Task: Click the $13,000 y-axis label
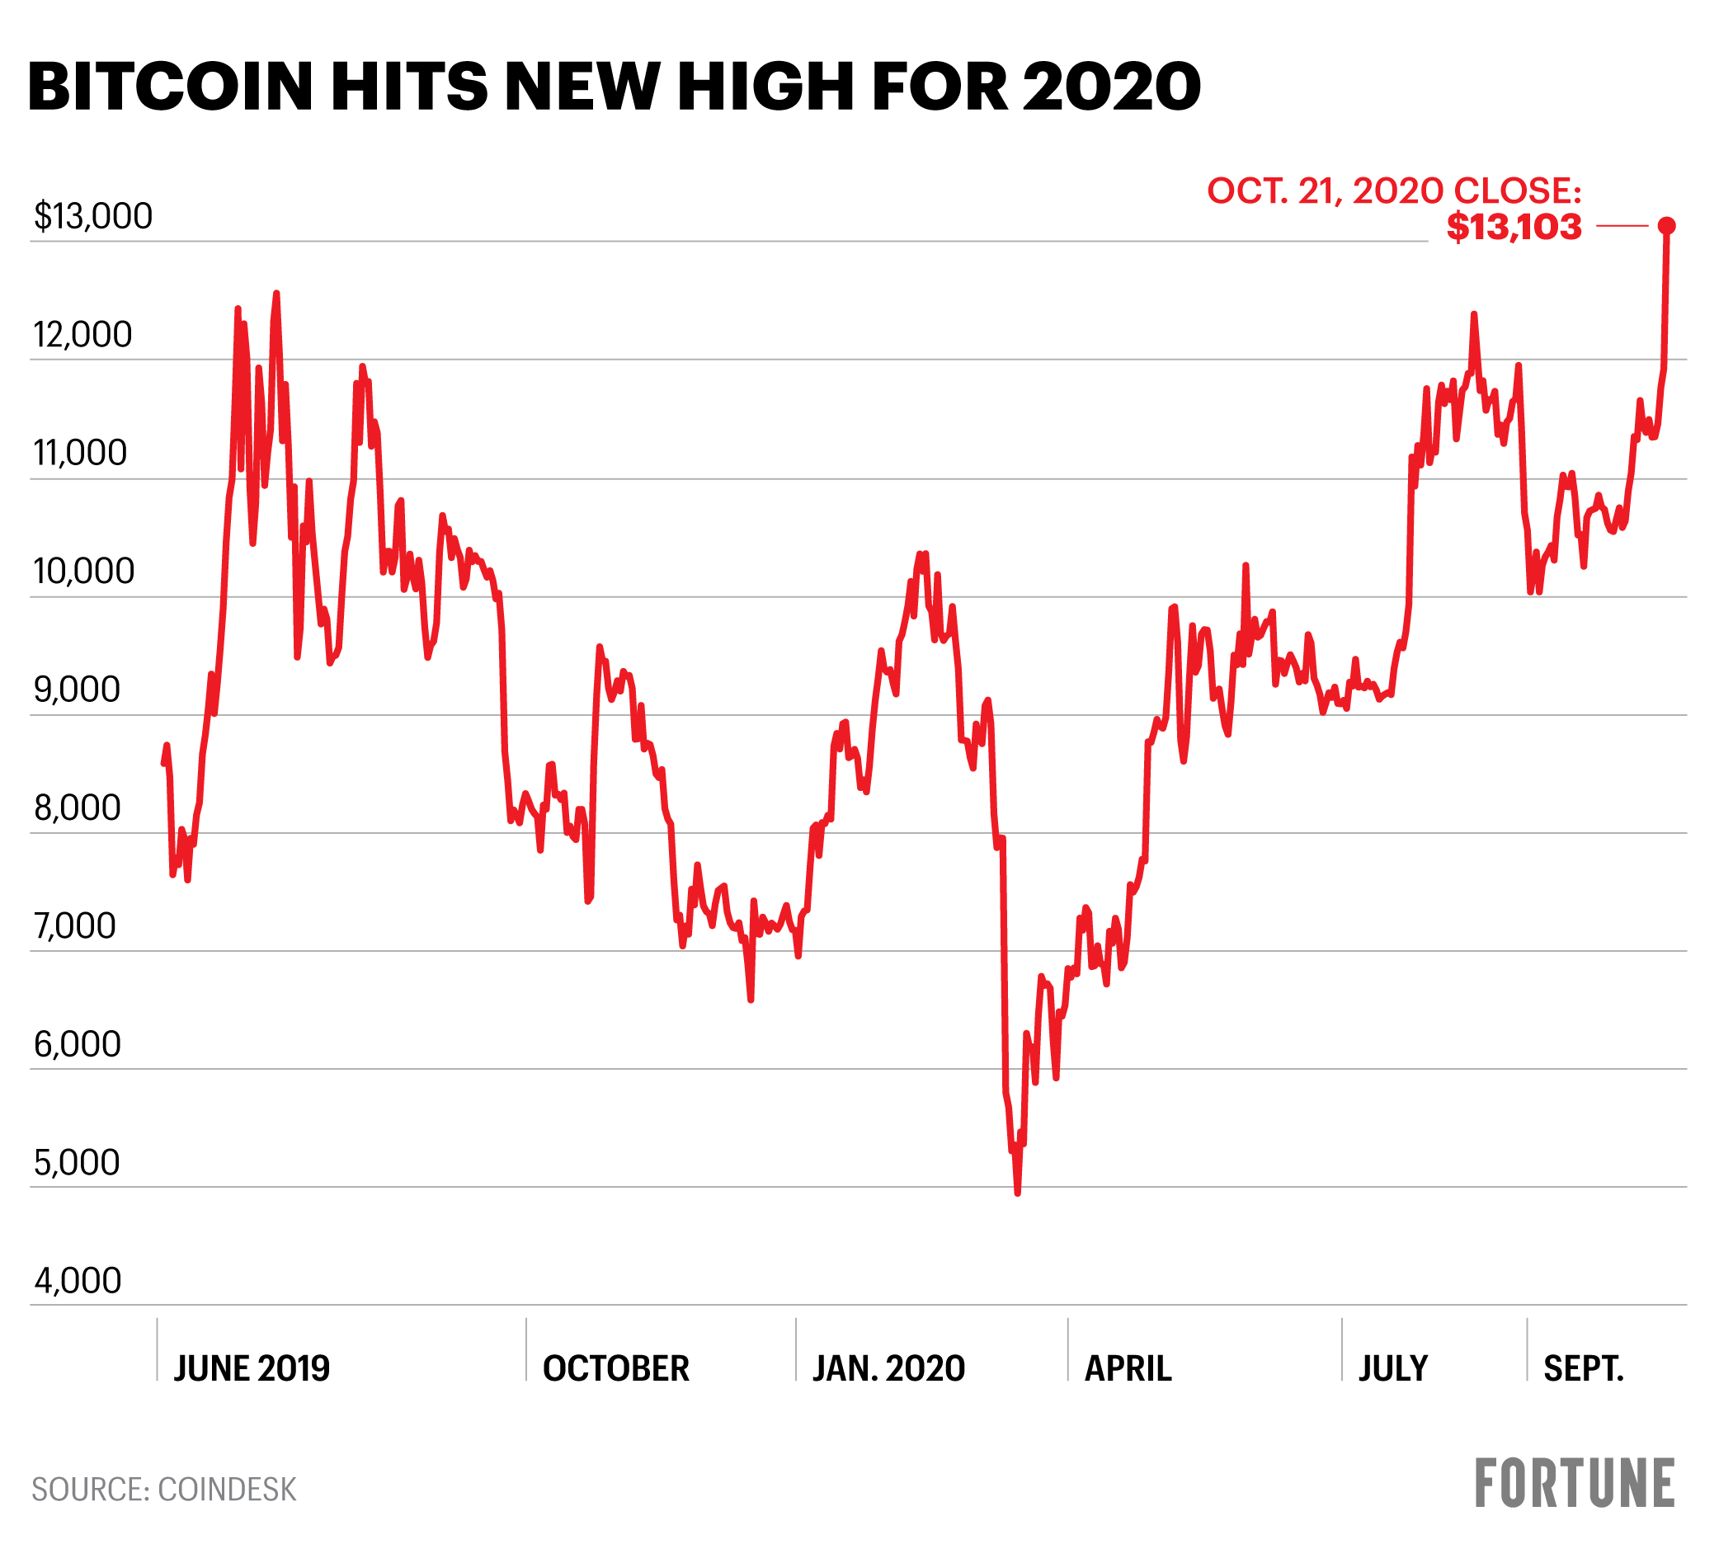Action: point(93,216)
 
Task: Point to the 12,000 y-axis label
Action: point(83,335)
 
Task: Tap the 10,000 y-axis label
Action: point(84,572)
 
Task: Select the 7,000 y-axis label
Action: point(75,926)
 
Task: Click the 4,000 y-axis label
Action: point(78,1281)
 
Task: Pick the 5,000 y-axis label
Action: point(78,1163)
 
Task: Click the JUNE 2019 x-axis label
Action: point(251,1369)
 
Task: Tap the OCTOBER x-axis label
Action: point(616,1369)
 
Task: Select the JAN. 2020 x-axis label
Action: point(888,1369)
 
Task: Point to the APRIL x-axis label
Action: point(1128,1369)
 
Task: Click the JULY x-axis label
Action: point(1393,1369)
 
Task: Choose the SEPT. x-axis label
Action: point(1583,1369)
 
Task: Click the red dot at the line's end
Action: point(1666,226)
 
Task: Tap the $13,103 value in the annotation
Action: point(1514,228)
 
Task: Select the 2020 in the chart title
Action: point(1112,87)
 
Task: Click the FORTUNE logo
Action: point(1575,1484)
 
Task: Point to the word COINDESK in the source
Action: point(228,1490)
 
